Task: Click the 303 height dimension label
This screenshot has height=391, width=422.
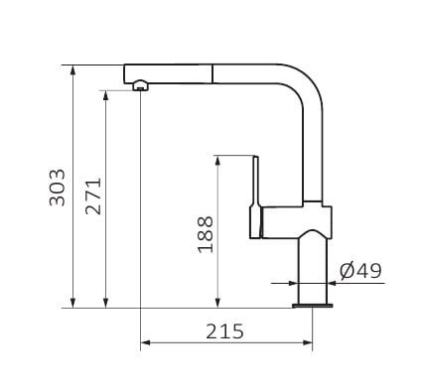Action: [x=57, y=188]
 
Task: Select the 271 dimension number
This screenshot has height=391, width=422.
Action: [x=93, y=196]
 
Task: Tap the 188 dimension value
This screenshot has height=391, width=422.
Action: [x=206, y=234]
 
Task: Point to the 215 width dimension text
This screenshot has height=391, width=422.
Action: [x=224, y=331]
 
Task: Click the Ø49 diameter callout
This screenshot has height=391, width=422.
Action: [x=360, y=271]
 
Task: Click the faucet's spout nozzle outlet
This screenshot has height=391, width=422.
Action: [x=141, y=85]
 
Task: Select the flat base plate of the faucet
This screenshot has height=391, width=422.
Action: [x=313, y=306]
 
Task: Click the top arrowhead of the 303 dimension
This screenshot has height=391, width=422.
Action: [x=73, y=70]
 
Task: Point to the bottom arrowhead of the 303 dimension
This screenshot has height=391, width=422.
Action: [x=73, y=303]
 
